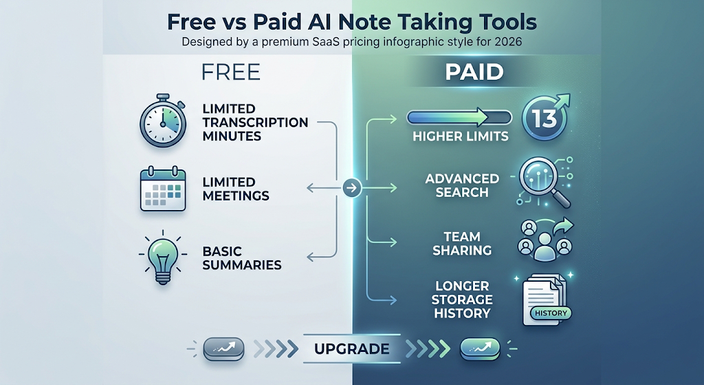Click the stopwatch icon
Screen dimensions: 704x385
[x=162, y=121]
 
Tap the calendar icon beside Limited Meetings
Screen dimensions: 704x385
[x=163, y=189]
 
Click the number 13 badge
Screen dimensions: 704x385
[x=545, y=118]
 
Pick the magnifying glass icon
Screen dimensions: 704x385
[x=543, y=181]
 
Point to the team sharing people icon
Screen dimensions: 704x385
[x=545, y=240]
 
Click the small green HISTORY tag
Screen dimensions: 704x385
[x=551, y=313]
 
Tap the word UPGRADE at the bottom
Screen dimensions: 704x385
[x=351, y=349]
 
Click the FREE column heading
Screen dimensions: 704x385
[x=231, y=72]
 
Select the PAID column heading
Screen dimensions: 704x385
[x=474, y=72]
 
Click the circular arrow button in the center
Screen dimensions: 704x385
[x=352, y=187]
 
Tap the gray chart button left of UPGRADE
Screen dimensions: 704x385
[x=223, y=348]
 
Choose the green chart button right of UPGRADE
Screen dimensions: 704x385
[x=481, y=348]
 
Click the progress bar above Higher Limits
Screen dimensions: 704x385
[x=459, y=117]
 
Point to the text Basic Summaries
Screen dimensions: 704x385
[x=241, y=258]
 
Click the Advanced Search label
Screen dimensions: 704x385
[x=462, y=185]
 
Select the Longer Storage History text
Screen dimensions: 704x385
[x=462, y=300]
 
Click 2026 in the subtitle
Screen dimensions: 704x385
[x=508, y=42]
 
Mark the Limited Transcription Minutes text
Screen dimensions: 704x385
[x=255, y=123]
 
